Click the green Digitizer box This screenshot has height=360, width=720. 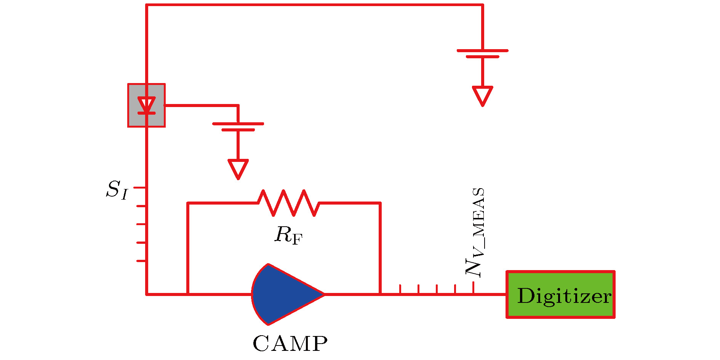[x=560, y=294]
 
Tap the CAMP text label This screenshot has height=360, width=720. [x=290, y=344]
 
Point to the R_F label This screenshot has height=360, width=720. [x=288, y=235]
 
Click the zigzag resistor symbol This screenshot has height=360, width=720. [x=289, y=203]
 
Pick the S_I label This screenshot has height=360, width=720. [x=117, y=190]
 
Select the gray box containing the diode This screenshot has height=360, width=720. [x=146, y=105]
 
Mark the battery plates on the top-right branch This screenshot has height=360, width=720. [x=482, y=53]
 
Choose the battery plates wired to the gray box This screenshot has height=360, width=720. [x=238, y=127]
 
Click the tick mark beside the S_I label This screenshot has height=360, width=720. [x=140, y=188]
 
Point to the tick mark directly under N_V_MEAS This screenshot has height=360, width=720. [x=474, y=288]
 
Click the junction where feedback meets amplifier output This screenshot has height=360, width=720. [x=380, y=294]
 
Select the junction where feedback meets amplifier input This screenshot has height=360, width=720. [x=188, y=294]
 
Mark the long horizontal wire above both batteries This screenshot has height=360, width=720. [x=314, y=5]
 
